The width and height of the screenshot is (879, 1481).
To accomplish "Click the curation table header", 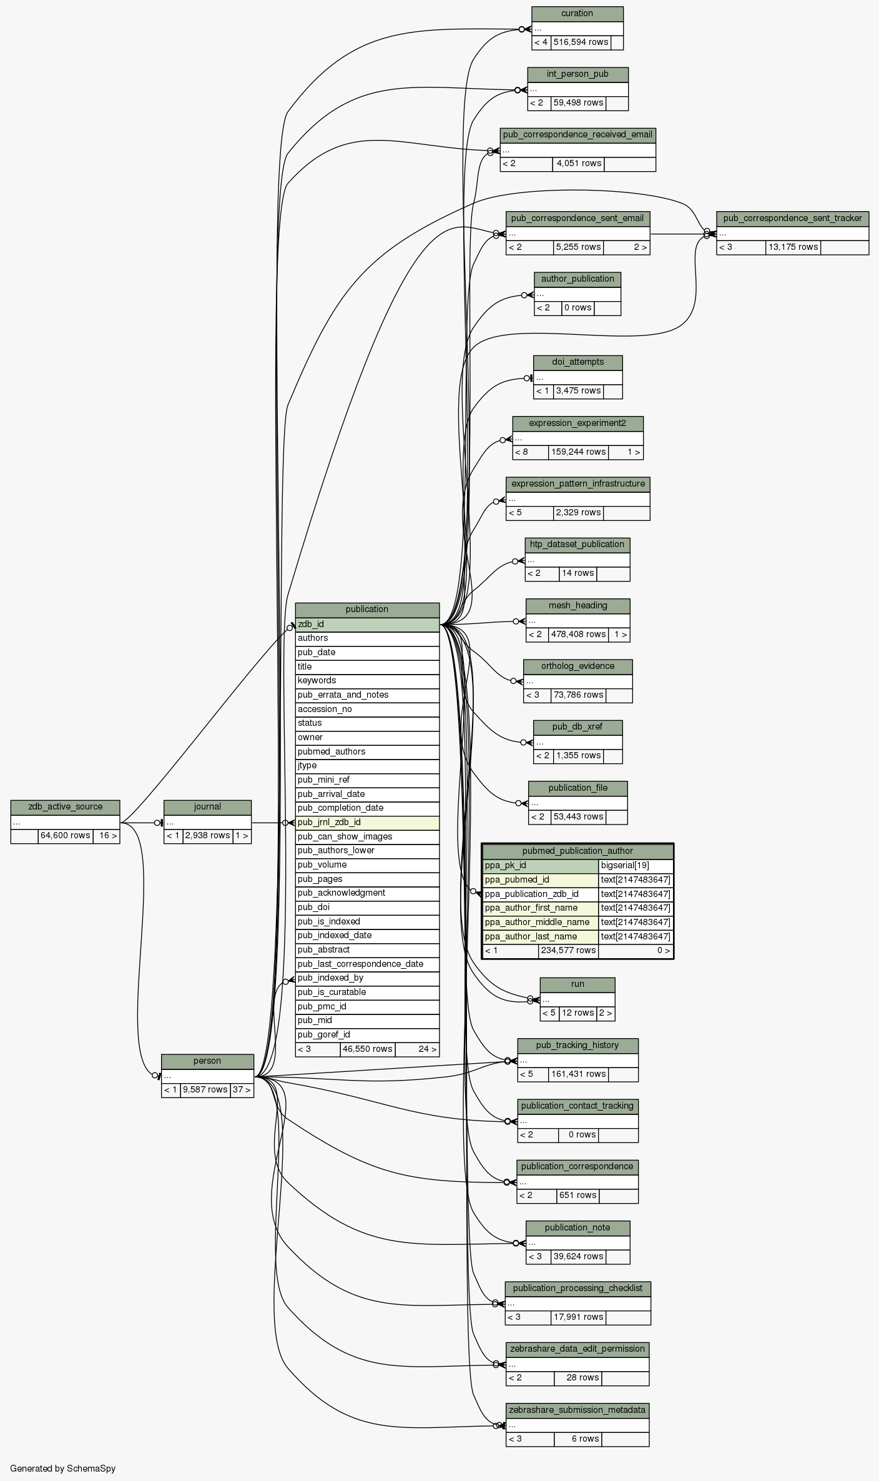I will (x=577, y=14).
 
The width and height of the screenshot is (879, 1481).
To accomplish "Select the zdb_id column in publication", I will (x=367, y=624).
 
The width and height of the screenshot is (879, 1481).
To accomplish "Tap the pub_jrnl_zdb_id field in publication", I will (x=367, y=822).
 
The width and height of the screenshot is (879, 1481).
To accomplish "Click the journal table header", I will (x=207, y=807).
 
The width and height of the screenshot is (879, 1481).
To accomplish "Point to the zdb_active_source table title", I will (x=65, y=807).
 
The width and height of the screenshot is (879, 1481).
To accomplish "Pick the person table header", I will (x=207, y=1061).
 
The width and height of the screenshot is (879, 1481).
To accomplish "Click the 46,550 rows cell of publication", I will (x=367, y=1049).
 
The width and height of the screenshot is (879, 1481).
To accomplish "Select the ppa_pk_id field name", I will (x=540, y=866).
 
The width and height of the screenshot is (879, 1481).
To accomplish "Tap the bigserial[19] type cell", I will (x=635, y=866).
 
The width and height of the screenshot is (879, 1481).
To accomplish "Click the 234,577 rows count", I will (x=567, y=951).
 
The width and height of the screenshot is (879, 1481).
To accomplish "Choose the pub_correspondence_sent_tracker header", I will (x=792, y=219).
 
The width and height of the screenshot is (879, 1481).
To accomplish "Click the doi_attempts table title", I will (x=577, y=362).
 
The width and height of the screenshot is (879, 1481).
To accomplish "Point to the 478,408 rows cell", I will (x=578, y=635).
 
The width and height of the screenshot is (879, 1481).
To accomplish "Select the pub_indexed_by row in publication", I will (x=367, y=978).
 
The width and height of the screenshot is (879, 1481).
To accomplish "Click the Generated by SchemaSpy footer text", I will (x=62, y=1469).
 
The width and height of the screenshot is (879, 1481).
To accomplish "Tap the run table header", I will (x=577, y=984).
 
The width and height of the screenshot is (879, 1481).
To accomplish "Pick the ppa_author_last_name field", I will (x=540, y=936).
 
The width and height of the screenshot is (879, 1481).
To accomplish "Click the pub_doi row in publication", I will (x=367, y=907).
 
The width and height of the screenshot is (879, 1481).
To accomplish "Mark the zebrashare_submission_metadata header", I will (x=577, y=1410).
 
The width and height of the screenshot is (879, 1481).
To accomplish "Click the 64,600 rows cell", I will (x=65, y=836).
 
